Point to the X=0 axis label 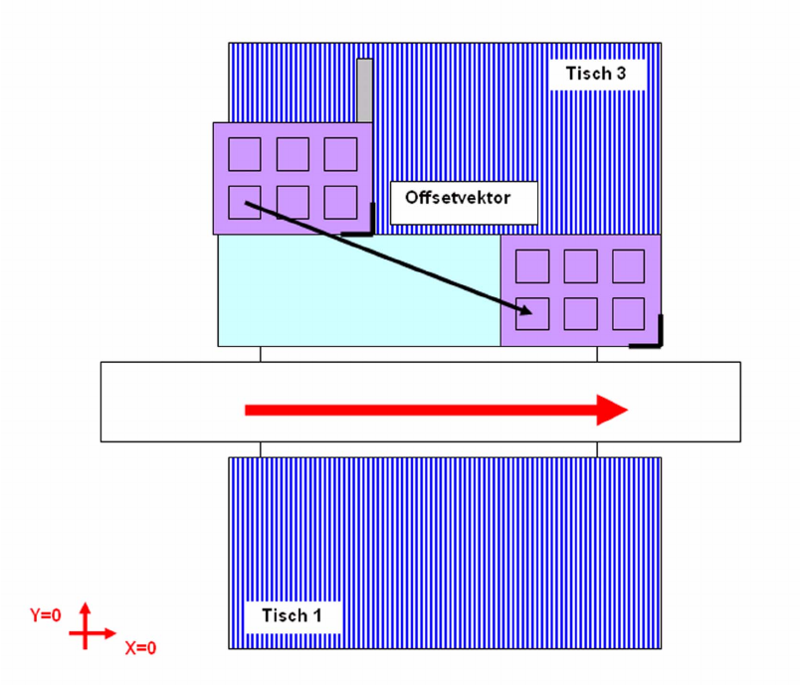pos(140,647)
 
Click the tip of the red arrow pos(627,409)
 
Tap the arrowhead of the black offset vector pos(526,312)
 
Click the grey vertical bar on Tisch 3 pos(365,89)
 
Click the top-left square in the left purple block pos(245,154)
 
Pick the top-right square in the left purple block pos(340,154)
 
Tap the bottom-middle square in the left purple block pos(293,202)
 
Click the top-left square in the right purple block pos(532,265)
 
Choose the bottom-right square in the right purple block pos(628,313)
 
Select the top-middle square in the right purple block pos(580,265)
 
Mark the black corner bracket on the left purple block pos(364,225)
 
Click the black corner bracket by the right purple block pos(653,338)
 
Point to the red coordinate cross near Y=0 pos(87,630)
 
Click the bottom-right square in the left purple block pos(340,202)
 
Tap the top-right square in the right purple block pos(628,265)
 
